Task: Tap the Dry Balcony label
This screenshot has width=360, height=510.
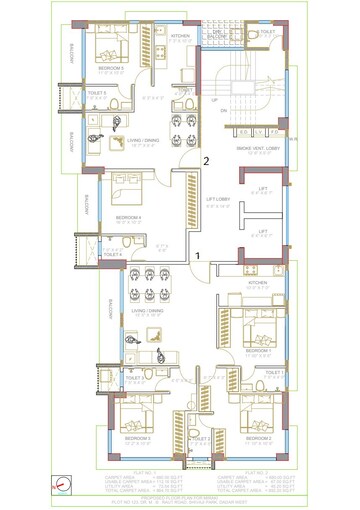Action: pyautogui.click(x=217, y=33)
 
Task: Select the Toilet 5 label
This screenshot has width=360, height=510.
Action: pyautogui.click(x=98, y=93)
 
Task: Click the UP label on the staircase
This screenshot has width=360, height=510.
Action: pyautogui.click(x=213, y=99)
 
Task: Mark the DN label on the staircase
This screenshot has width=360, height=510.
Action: pyautogui.click(x=224, y=109)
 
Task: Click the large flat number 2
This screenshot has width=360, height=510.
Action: pyautogui.click(x=206, y=159)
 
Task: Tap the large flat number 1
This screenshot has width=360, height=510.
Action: pyautogui.click(x=198, y=256)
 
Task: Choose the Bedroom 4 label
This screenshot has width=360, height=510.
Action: pyautogui.click(x=128, y=217)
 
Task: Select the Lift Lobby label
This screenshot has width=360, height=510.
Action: pyautogui.click(x=218, y=199)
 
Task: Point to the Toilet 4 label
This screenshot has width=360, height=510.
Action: pyautogui.click(x=113, y=254)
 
